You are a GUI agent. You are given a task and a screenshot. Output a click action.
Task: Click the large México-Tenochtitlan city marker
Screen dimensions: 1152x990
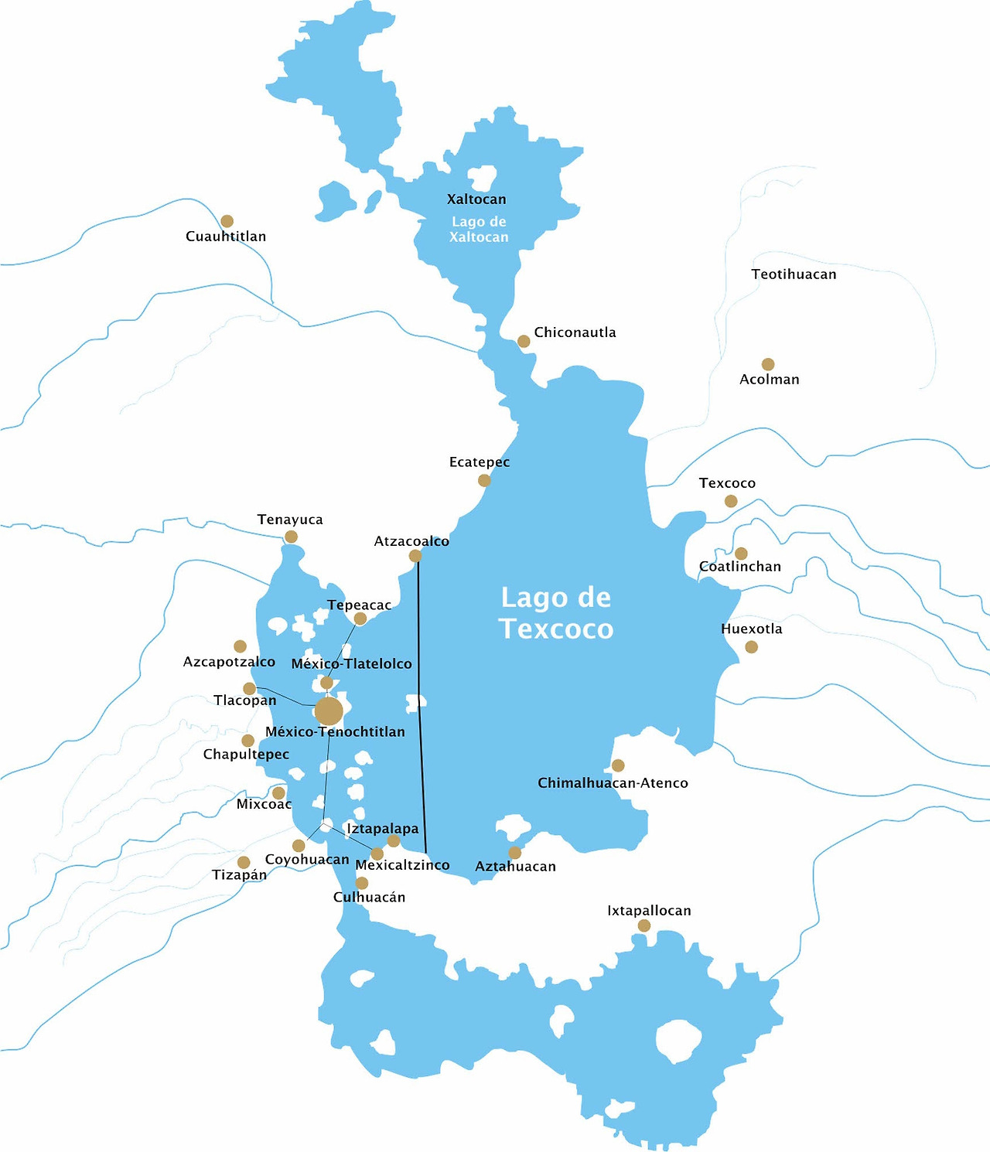329,711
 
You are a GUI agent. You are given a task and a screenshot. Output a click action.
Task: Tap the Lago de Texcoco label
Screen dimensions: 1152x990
556,613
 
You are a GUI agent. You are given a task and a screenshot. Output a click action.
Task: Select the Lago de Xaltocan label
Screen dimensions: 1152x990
479,230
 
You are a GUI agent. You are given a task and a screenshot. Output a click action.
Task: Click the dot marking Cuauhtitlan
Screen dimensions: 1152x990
227,221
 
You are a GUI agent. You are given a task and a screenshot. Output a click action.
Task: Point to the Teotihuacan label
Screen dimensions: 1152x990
794,274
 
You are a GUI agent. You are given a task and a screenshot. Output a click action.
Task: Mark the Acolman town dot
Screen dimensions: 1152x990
768,364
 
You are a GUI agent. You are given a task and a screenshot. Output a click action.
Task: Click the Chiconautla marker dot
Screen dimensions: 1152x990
524,341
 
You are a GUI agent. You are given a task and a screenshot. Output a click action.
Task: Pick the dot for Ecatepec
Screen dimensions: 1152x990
484,480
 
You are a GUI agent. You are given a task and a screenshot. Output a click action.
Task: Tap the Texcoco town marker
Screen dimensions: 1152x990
731,501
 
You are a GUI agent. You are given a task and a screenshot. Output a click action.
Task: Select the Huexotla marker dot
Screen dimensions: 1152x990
751,647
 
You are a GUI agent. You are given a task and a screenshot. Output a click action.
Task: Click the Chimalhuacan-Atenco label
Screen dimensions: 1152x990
613,783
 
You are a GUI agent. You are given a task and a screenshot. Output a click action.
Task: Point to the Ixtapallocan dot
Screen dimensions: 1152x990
644,925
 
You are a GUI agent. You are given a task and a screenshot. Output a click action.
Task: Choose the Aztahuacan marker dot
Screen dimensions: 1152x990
514,853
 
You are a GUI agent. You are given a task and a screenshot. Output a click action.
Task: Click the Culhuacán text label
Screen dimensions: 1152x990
369,898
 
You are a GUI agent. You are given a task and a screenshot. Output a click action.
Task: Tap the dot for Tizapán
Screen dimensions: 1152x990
244,862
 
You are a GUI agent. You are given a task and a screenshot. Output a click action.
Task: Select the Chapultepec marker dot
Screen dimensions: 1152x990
247,741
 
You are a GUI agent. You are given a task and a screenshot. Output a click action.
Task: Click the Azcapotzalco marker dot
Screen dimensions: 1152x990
240,646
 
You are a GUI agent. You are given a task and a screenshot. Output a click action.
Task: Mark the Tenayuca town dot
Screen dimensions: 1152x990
291,537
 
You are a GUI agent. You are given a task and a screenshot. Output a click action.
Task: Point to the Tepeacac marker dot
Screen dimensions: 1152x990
360,619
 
